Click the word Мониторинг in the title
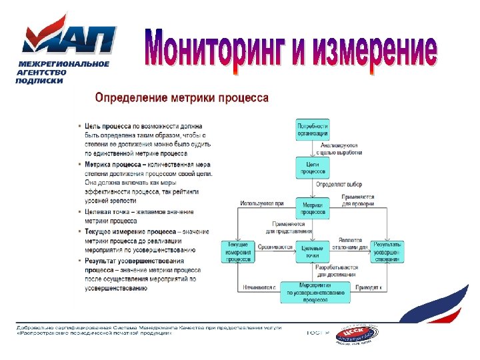point(217,49)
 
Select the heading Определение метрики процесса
point(182,98)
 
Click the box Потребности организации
point(313,129)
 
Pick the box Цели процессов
point(313,167)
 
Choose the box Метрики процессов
point(313,208)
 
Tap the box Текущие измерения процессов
point(238,251)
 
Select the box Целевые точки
point(313,251)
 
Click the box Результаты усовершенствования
point(387,251)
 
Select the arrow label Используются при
point(262,203)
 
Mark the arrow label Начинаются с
point(258,287)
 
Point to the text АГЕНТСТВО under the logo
point(42,72)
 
